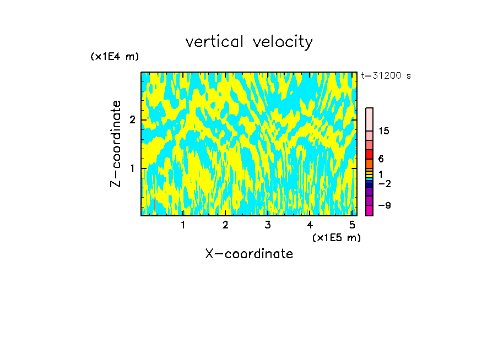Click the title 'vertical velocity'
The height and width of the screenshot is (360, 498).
(249, 42)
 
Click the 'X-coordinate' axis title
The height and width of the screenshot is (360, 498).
(249, 254)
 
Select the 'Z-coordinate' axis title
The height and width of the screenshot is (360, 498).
(116, 144)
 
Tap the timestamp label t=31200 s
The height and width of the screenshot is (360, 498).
(386, 76)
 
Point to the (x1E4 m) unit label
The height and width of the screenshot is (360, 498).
(115, 57)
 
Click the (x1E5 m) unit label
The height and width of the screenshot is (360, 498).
(337, 237)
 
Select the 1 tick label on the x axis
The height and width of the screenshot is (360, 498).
(183, 225)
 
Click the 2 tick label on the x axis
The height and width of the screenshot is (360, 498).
(225, 225)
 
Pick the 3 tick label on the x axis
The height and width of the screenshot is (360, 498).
(267, 225)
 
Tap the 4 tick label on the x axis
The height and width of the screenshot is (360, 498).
(310, 225)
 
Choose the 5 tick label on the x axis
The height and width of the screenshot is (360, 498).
(352, 225)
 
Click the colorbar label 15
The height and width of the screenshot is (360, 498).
(384, 131)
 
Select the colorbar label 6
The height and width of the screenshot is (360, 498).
(381, 159)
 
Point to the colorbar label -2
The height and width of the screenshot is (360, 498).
(384, 183)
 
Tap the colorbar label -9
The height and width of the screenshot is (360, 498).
(384, 205)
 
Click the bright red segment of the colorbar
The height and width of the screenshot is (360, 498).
(369, 155)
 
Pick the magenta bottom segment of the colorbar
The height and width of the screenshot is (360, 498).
(369, 210)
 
